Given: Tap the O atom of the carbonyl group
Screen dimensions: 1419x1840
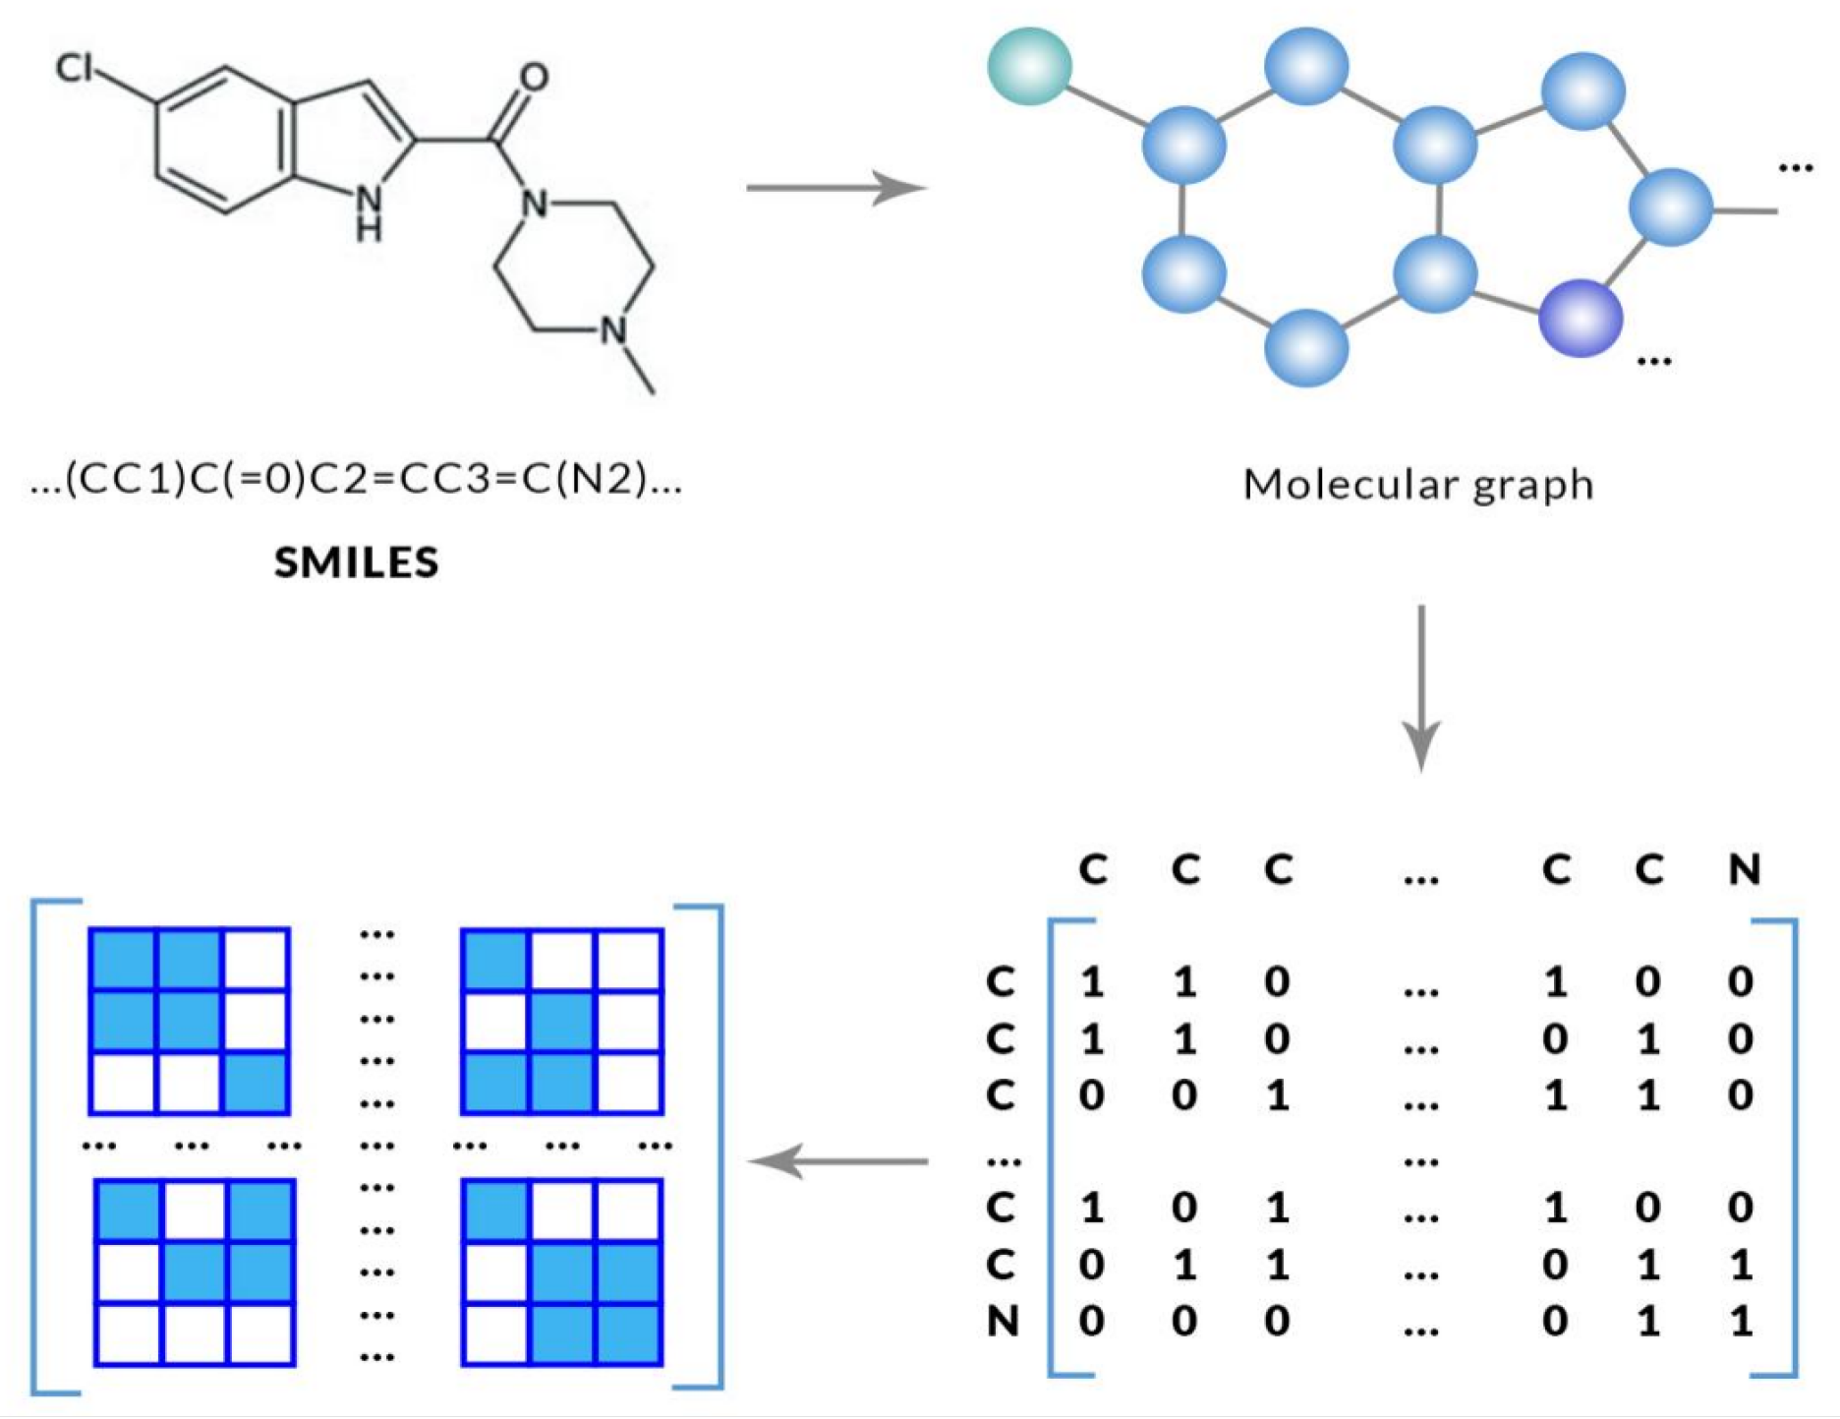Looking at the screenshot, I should pyautogui.click(x=534, y=77).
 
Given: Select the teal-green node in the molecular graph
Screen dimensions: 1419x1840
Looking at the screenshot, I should pyautogui.click(x=1029, y=66).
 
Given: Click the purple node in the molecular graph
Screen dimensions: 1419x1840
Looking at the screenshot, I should pyautogui.click(x=1580, y=318).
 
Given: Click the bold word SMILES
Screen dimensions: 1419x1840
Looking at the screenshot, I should pyautogui.click(x=356, y=562).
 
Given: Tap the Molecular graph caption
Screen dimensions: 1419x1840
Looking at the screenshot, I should pyautogui.click(x=1417, y=485).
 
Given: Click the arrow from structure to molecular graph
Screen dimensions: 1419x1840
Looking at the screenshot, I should pyautogui.click(x=835, y=187).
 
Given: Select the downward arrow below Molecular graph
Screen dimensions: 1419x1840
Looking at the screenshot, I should pyautogui.click(x=1420, y=688).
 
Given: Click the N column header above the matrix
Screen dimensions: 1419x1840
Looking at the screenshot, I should pyautogui.click(x=1744, y=869).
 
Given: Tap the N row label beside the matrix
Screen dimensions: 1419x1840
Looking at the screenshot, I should pyautogui.click(x=1002, y=1321).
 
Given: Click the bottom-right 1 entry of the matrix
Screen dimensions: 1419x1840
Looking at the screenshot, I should pyautogui.click(x=1742, y=1321).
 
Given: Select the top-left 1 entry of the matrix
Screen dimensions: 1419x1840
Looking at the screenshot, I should pyautogui.click(x=1092, y=981).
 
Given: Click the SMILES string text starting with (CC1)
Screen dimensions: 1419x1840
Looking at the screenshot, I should pyautogui.click(x=356, y=480).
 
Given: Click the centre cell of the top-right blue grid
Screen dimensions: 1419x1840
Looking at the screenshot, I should pyautogui.click(x=562, y=1021).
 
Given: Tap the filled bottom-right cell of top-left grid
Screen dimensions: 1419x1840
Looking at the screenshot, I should pyautogui.click(x=256, y=1083).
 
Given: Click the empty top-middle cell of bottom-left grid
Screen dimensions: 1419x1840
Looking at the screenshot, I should pyautogui.click(x=194, y=1210).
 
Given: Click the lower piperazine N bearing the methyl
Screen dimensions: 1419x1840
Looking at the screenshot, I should pyautogui.click(x=613, y=330).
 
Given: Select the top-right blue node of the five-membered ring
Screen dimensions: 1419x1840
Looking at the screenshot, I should pyautogui.click(x=1582, y=91).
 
